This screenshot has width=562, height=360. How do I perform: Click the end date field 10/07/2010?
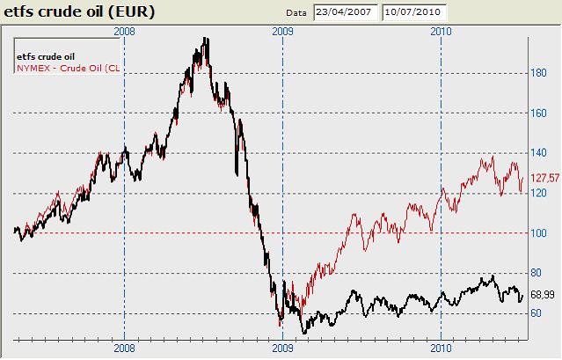click(414, 12)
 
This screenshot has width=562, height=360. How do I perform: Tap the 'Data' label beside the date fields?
click(297, 13)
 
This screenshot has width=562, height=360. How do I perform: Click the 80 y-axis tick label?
click(535, 274)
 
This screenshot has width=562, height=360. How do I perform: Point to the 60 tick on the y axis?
click(535, 313)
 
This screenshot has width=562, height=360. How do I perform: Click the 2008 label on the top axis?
click(125, 31)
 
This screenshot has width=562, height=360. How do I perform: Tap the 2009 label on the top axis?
click(282, 31)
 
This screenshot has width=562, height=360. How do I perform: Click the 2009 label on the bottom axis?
click(282, 349)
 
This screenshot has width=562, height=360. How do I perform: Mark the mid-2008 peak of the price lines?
click(205, 40)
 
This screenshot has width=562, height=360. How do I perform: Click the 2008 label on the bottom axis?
click(125, 349)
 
